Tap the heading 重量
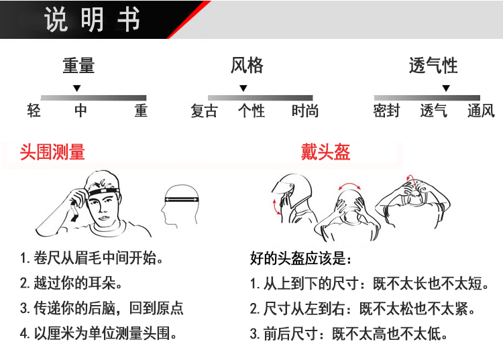coord(78,66)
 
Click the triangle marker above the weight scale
coord(77,88)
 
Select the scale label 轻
coord(34,111)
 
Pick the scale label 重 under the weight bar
coord(140,111)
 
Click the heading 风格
coord(247,66)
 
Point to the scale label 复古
coord(204,111)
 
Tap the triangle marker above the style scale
coord(243,88)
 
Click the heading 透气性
coord(433,66)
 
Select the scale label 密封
coord(386,111)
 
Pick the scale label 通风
coord(481,111)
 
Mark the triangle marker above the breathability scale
coord(446,88)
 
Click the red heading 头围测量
coord(52,152)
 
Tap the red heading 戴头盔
coord(325,152)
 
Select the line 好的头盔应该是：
coord(300,259)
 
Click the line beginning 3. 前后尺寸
coord(348,333)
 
